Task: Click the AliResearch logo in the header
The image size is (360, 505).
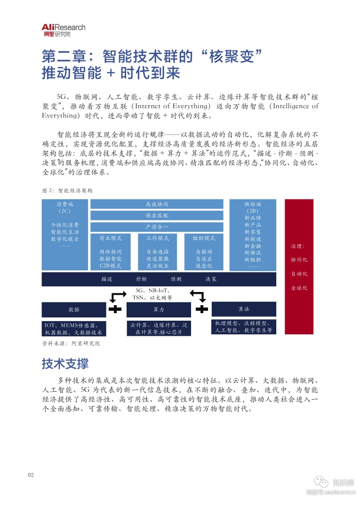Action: (x=63, y=31)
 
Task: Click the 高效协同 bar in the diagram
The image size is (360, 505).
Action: (x=157, y=204)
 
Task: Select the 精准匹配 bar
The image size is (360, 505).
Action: (x=157, y=215)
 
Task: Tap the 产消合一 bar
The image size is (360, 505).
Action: (x=157, y=227)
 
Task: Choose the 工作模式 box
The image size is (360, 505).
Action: (x=157, y=252)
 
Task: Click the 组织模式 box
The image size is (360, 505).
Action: (x=204, y=252)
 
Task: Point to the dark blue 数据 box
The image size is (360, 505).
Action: (x=74, y=309)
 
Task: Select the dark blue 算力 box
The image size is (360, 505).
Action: (x=159, y=309)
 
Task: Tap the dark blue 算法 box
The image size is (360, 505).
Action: (x=244, y=309)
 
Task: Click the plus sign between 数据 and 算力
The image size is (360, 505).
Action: (x=116, y=309)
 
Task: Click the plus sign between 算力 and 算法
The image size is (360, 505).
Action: (x=201, y=309)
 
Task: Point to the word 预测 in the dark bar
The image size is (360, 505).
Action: (x=176, y=279)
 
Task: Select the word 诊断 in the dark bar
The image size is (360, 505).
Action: (x=141, y=279)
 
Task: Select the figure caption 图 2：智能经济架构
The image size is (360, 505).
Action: (x=67, y=191)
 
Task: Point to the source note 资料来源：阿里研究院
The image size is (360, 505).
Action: (x=71, y=344)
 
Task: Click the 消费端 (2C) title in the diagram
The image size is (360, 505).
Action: (x=65, y=207)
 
